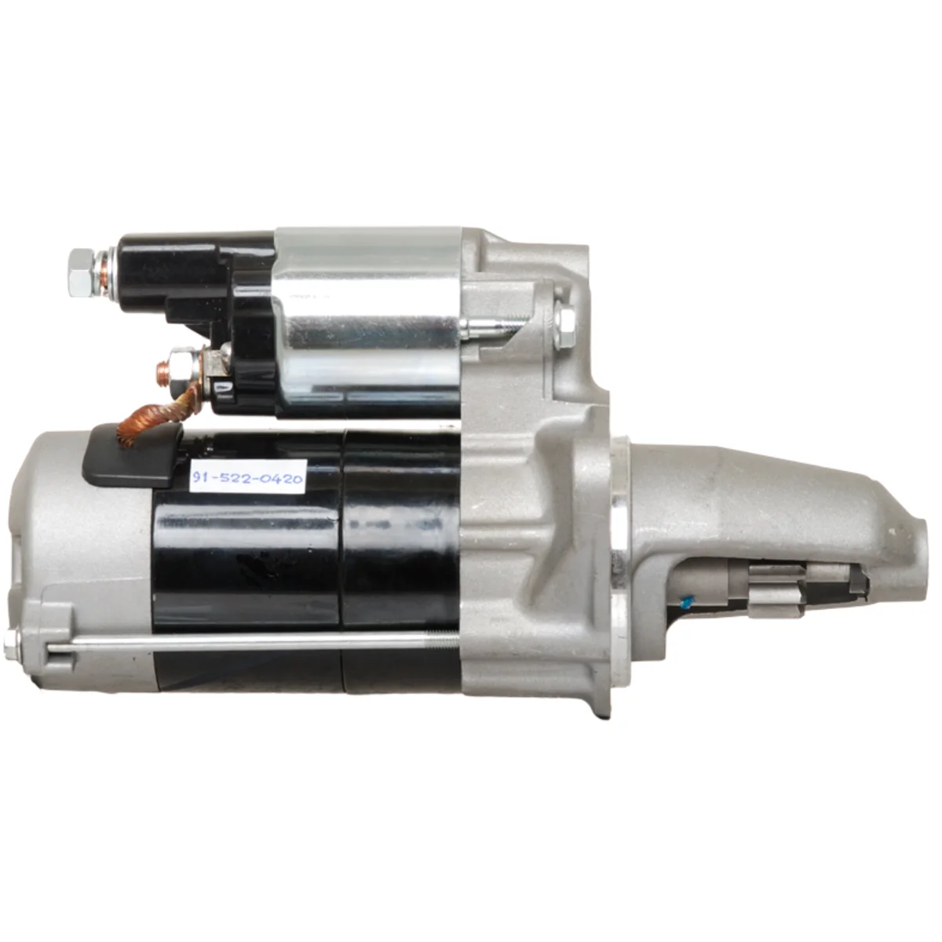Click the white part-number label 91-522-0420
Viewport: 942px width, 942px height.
(247, 476)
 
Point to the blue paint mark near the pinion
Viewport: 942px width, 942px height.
(685, 604)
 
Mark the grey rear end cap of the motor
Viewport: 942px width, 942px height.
(78, 549)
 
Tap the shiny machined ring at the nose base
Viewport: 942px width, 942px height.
(619, 549)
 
